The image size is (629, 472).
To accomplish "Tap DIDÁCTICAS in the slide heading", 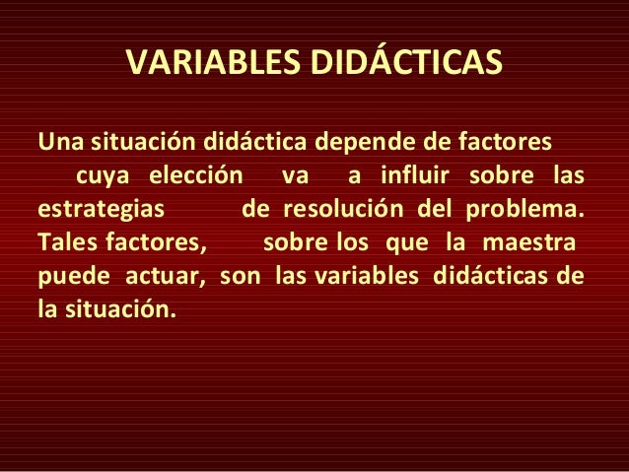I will (x=406, y=63).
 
